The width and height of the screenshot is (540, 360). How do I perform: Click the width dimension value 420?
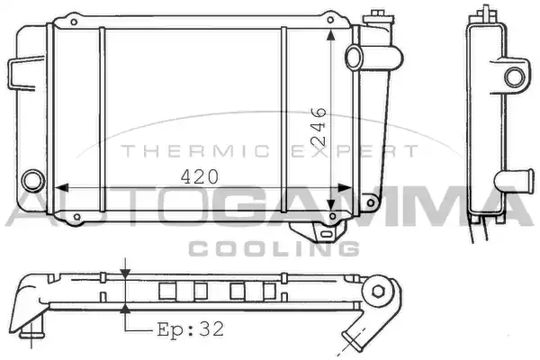pyautogui.click(x=200, y=176)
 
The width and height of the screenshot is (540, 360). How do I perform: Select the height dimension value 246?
pyautogui.click(x=319, y=126)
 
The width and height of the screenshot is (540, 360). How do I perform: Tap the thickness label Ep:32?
pyautogui.click(x=191, y=329)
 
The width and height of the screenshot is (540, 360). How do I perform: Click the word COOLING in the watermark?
pyautogui.click(x=274, y=248)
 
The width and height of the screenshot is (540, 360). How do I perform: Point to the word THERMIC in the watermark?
pyautogui.click(x=195, y=151)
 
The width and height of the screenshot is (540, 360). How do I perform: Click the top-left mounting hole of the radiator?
pyautogui.click(x=74, y=22)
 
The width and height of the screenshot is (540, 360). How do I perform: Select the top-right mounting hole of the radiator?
pyautogui.click(x=330, y=20)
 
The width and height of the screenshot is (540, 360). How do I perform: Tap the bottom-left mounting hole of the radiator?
pyautogui.click(x=77, y=217)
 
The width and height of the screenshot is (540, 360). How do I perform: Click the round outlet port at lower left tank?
pyautogui.click(x=33, y=181)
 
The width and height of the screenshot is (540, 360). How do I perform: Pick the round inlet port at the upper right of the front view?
pyautogui.click(x=354, y=58)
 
